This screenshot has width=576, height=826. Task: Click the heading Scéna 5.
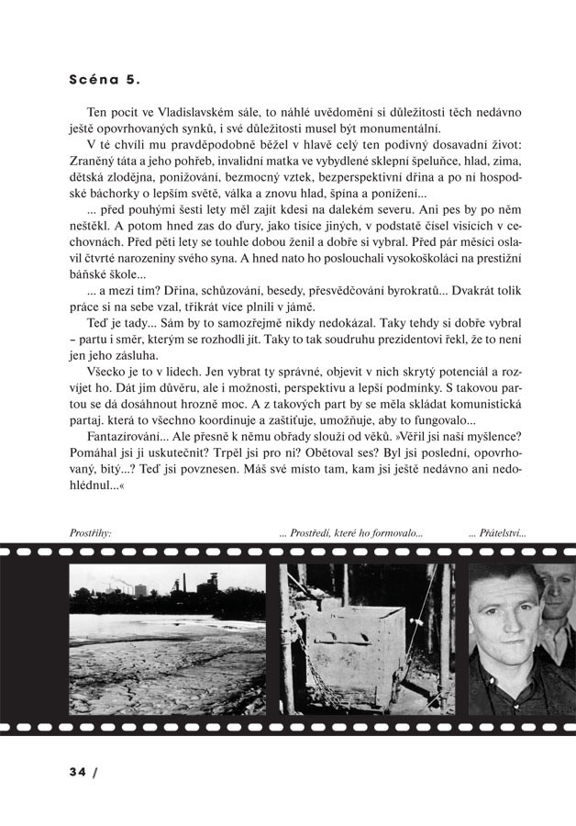(x=105, y=79)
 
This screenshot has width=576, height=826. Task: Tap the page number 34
(x=76, y=771)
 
